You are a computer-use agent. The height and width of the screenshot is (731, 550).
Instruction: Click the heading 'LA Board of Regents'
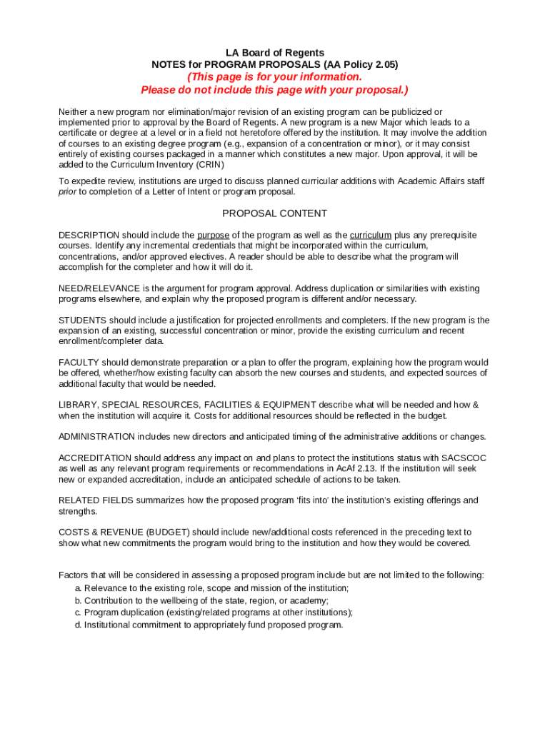(x=274, y=53)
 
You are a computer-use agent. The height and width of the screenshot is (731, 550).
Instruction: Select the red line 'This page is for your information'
(x=274, y=77)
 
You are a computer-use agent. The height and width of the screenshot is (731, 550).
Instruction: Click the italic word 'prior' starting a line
(x=67, y=191)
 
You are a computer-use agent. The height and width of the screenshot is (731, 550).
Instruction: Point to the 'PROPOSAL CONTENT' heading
(x=274, y=213)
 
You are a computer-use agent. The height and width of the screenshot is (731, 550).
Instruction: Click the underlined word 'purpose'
(x=213, y=236)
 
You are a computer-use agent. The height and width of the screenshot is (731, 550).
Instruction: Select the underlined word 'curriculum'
(x=370, y=236)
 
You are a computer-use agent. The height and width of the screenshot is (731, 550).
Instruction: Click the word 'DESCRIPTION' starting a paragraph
(x=89, y=236)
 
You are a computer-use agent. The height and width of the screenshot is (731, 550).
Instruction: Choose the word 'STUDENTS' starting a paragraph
(x=81, y=321)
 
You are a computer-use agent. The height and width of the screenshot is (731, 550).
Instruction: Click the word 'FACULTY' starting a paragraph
(x=78, y=363)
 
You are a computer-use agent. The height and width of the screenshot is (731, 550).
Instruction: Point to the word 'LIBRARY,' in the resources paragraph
(x=78, y=405)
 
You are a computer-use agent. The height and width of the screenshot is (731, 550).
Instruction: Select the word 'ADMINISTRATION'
(x=96, y=437)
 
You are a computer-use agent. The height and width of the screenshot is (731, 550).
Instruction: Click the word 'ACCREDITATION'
(x=94, y=458)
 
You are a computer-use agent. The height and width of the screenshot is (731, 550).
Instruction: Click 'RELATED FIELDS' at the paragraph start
(x=92, y=500)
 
